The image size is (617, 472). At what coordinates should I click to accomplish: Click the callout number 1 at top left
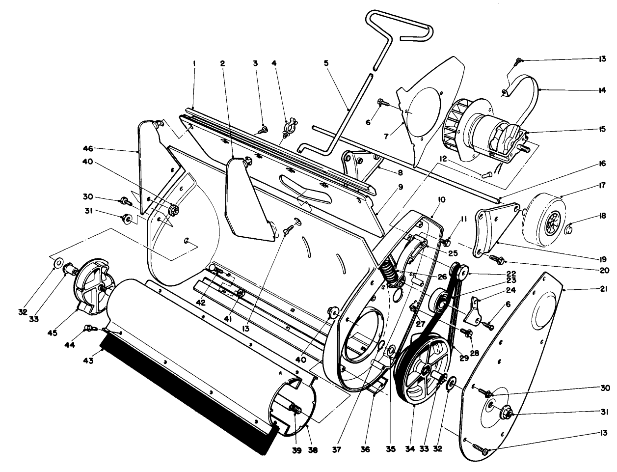click(194, 63)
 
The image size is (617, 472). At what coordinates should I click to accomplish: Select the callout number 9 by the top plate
click(401, 187)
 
